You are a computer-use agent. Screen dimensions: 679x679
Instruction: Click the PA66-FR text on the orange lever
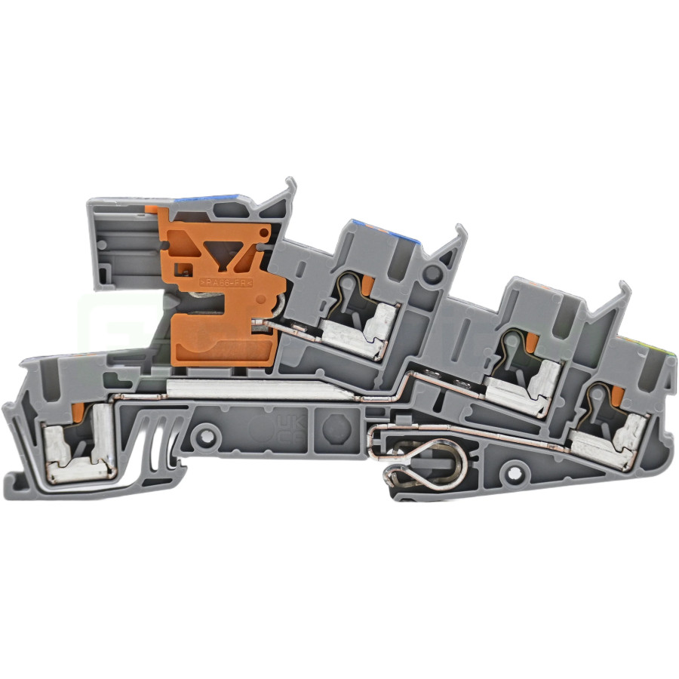point(224,281)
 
